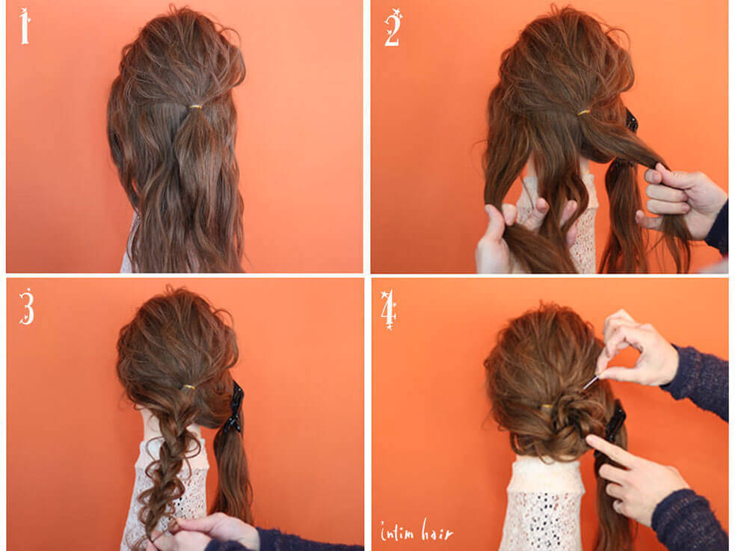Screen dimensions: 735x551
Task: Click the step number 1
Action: pyautogui.click(x=25, y=26)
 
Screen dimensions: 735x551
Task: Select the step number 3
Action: pyautogui.click(x=27, y=306)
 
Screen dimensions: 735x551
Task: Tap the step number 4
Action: pyautogui.click(x=389, y=310)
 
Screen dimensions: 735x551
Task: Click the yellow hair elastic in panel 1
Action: pyautogui.click(x=195, y=107)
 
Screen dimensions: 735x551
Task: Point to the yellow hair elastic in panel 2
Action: pyautogui.click(x=584, y=112)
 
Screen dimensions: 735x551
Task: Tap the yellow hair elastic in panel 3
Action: pyautogui.click(x=188, y=387)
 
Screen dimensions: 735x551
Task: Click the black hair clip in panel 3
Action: pyautogui.click(x=235, y=407)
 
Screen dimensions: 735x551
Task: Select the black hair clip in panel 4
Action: pyautogui.click(x=615, y=423)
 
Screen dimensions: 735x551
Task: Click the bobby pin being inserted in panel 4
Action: pyautogui.click(x=591, y=382)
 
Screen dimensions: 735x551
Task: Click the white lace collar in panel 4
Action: pyautogui.click(x=544, y=504)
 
